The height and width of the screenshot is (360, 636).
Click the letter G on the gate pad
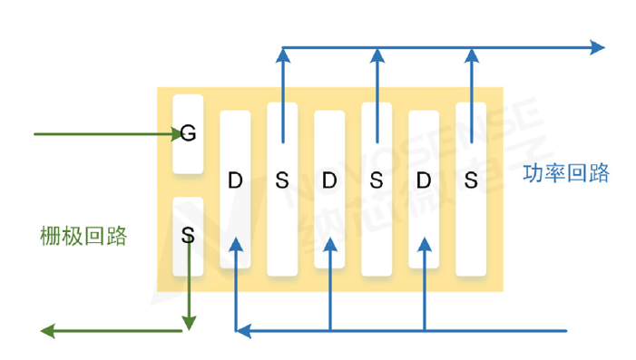click(188, 132)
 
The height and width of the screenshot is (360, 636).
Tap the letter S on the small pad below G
click(188, 234)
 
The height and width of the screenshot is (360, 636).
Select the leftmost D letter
click(235, 180)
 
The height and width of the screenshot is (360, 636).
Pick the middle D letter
click(329, 180)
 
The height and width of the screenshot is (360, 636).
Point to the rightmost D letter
click(424, 180)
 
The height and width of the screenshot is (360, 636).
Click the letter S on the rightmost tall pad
click(471, 180)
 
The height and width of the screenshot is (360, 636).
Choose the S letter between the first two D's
click(282, 180)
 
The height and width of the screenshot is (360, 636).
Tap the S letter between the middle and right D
click(377, 180)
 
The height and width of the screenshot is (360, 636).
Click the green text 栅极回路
click(83, 236)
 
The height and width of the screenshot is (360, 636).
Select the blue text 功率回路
click(566, 173)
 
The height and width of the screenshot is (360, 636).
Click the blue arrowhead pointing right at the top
click(598, 47)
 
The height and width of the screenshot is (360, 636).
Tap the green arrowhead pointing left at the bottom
click(47, 331)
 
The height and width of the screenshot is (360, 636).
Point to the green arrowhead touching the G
click(177, 134)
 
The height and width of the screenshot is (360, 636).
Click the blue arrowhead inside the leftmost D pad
click(236, 245)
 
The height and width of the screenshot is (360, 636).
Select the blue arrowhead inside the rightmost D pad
click(425, 245)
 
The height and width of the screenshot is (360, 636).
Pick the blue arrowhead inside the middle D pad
click(330, 245)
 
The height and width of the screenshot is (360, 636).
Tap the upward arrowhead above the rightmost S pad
click(471, 55)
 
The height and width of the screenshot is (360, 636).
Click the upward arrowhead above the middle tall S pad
click(377, 55)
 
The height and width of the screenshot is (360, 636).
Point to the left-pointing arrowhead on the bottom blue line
click(243, 331)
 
